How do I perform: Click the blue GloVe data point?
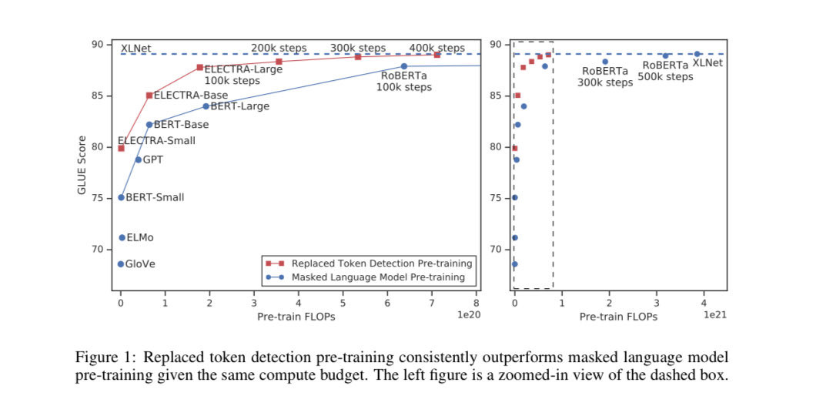tap(121, 264)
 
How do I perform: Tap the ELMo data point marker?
tap(122, 238)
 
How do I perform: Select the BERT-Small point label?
tap(155, 197)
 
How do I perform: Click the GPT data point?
tap(139, 159)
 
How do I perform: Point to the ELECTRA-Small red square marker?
tap(121, 148)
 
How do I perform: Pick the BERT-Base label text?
tap(181, 124)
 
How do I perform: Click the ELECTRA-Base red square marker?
tap(149, 96)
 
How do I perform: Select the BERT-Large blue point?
tap(206, 106)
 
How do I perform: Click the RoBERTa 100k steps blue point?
tap(403, 66)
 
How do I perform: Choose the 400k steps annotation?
tap(437, 49)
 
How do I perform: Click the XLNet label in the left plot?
tap(135, 49)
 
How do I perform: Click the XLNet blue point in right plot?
tap(697, 54)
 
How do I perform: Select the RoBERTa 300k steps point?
tap(605, 62)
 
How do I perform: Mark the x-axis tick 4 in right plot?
tap(704, 304)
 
